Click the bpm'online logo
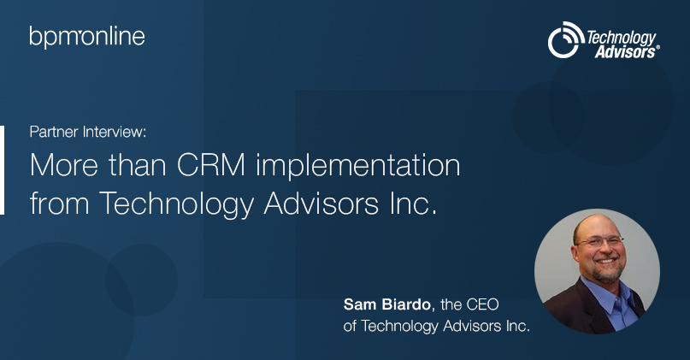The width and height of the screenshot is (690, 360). pos(87,37)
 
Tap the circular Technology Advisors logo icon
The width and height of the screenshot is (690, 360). pos(565,39)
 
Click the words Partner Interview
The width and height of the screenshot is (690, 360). pos(87,132)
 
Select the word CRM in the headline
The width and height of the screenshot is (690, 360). pos(211,166)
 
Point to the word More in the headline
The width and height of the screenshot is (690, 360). pos(64,166)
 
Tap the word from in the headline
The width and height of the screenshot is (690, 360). pos(59,203)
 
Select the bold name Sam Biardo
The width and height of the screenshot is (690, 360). pos(386,304)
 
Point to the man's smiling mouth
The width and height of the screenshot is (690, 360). pos(606,261)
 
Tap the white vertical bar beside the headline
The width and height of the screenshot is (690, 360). pos(3,170)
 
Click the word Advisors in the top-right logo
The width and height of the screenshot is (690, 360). pos(625,52)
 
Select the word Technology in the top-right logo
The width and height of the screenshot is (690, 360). pos(621,38)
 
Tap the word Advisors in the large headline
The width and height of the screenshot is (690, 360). pos(321,204)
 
